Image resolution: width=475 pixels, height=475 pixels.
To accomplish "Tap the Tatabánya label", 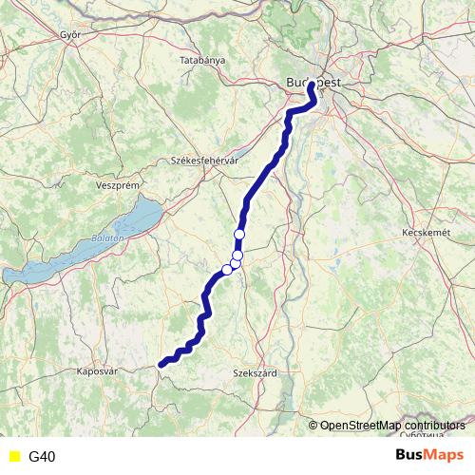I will (x=202, y=60).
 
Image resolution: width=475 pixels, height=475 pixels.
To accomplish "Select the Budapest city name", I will (x=313, y=84).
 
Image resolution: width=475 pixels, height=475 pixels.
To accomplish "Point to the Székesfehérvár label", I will (x=203, y=161).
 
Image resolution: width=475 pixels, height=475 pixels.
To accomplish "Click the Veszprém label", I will (x=119, y=186).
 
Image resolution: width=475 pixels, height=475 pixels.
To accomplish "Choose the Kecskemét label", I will (x=425, y=232).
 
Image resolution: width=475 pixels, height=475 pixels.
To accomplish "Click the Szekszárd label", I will (x=255, y=373).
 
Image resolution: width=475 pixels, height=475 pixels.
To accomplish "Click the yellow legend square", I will (x=13, y=457).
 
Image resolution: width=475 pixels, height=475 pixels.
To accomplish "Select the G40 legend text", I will (x=42, y=457).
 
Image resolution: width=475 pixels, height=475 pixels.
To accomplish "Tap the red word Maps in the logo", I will (x=444, y=456).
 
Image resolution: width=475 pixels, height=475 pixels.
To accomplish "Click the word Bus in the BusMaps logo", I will (x=409, y=456).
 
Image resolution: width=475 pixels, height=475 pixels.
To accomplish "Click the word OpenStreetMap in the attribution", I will (x=360, y=426).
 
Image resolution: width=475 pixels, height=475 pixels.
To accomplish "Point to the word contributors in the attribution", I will (x=434, y=426).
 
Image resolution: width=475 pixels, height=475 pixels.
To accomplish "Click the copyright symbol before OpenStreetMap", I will (x=313, y=426).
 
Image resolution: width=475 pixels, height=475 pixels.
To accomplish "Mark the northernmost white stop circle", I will (x=239, y=234).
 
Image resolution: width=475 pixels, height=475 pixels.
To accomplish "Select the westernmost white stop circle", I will (x=227, y=269).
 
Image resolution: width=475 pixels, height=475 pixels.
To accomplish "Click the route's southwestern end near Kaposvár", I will (x=161, y=362).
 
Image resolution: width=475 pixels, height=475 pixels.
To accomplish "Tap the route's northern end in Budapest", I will (x=311, y=85).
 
